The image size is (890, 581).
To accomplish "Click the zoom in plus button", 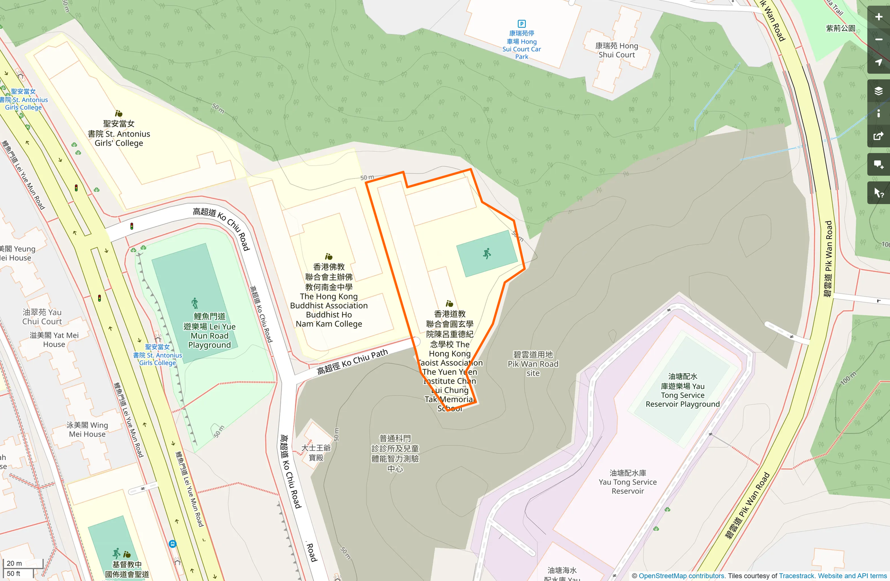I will pos(878,17).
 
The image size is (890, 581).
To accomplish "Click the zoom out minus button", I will pos(878,40).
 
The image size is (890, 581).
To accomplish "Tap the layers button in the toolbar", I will pos(878,91).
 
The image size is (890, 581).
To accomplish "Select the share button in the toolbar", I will pos(878,137).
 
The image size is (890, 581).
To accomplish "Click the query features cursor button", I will pos(878,193).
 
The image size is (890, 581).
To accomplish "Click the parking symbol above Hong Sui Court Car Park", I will pos(522,24).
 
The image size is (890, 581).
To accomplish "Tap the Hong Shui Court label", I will pos(616,50).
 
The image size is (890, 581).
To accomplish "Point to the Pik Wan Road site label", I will pos(533,364).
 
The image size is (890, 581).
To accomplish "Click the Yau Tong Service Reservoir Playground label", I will pos(683,390).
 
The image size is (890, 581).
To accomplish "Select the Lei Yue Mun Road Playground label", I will pos(209,331).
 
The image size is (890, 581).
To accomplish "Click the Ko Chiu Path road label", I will pos(352,362).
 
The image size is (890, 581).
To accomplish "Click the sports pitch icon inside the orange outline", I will pos(487,254).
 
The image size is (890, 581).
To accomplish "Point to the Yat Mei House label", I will pos(54,340).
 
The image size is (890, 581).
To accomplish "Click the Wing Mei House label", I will pos(87,429).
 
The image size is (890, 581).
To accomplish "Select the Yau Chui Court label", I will pos(42,316).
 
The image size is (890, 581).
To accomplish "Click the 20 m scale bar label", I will pos(14,563).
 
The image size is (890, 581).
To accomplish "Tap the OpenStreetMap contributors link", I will pos(682,576).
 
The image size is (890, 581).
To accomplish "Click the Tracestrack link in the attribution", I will pos(796,576).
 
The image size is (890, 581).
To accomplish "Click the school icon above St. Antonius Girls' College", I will pos(119,113).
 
